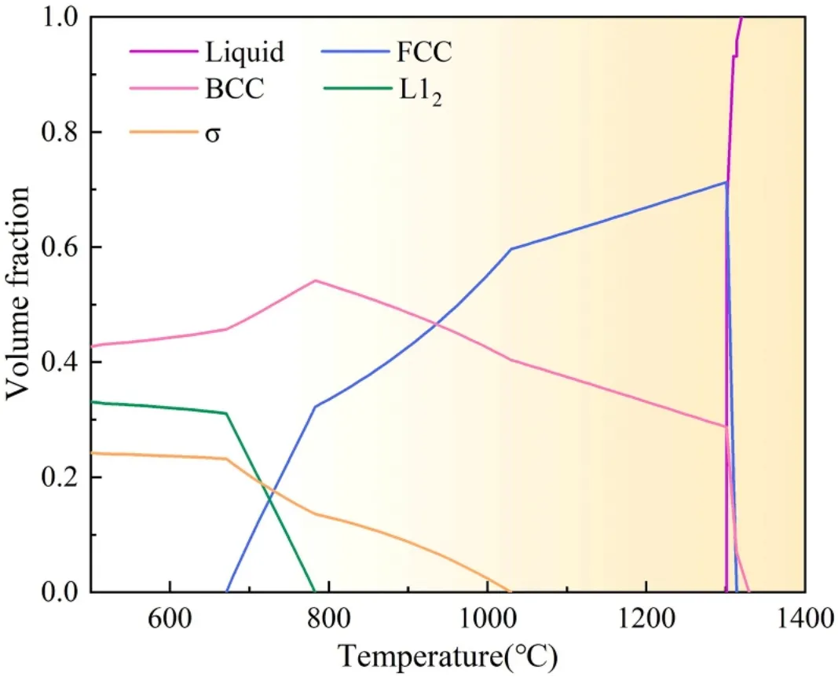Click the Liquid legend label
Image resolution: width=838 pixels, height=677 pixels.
pos(245,53)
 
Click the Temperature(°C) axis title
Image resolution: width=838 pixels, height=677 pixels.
pos(448,653)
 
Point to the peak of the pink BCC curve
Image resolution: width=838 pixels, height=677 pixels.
pos(315,280)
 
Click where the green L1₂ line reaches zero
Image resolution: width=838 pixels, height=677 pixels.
pos(315,591)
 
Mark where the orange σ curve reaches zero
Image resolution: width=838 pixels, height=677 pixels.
pos(511,591)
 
